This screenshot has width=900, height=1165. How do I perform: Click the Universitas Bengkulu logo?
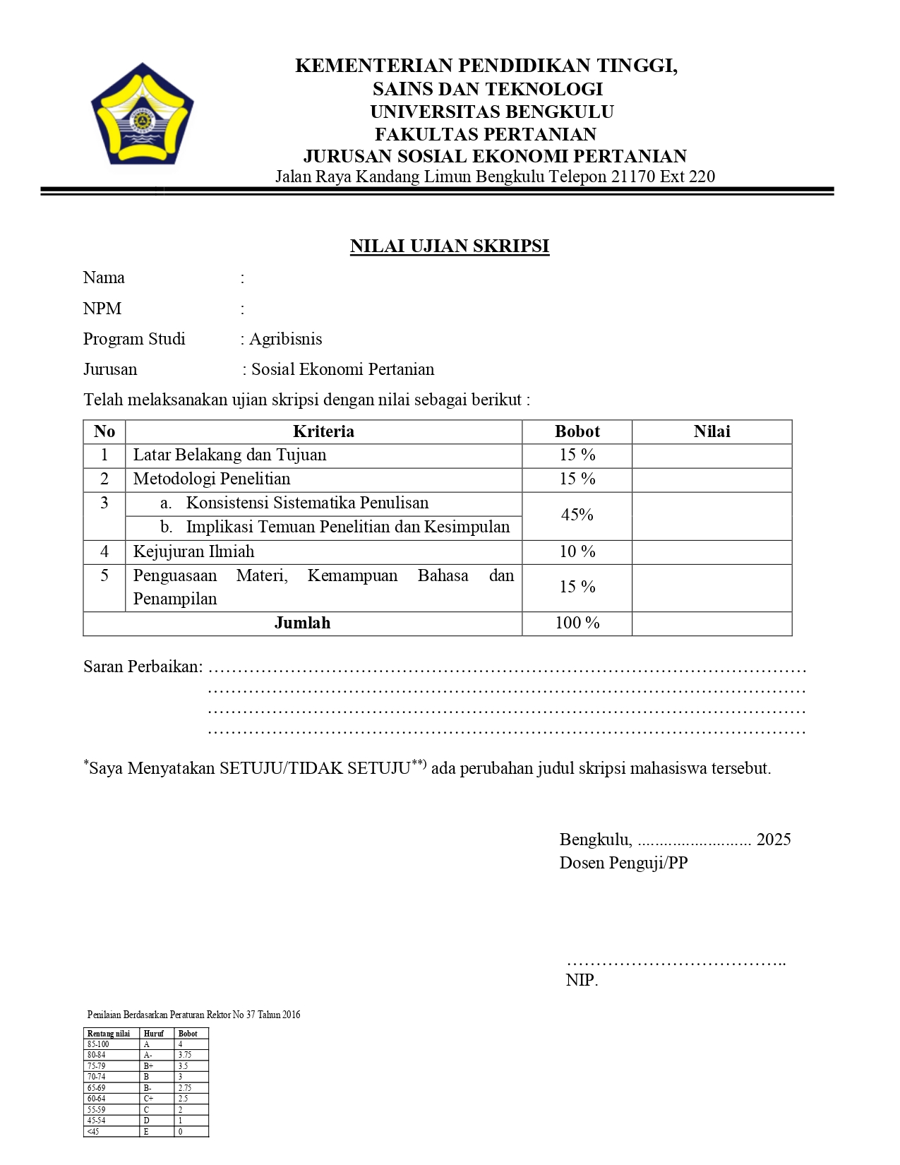(142, 115)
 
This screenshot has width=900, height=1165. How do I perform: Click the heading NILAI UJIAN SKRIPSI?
(449, 246)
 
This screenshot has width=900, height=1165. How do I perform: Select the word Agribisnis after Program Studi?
(286, 339)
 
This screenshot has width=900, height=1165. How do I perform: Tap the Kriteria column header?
(323, 431)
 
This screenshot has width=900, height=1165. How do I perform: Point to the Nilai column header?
(712, 431)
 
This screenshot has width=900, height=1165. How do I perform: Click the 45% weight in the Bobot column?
(577, 515)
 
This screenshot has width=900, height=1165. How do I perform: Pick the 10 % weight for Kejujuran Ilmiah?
(577, 551)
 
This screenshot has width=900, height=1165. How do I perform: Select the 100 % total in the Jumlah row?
(577, 623)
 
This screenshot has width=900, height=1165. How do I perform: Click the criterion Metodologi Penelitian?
(212, 479)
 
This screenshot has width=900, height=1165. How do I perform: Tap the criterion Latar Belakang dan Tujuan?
(229, 455)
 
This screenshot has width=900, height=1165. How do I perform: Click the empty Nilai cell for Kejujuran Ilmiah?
(712, 551)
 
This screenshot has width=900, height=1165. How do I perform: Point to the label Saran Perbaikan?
(143, 667)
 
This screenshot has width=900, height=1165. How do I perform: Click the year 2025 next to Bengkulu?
(774, 840)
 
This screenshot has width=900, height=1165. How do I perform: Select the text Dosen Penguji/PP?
(623, 863)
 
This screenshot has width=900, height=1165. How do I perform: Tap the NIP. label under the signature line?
(582, 980)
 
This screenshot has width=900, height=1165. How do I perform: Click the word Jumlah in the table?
(302, 623)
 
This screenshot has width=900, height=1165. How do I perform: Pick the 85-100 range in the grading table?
(98, 1044)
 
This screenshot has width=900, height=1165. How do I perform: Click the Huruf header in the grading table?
(153, 1034)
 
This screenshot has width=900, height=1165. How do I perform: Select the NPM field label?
(102, 309)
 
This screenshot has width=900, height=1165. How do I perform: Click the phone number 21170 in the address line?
(633, 177)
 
